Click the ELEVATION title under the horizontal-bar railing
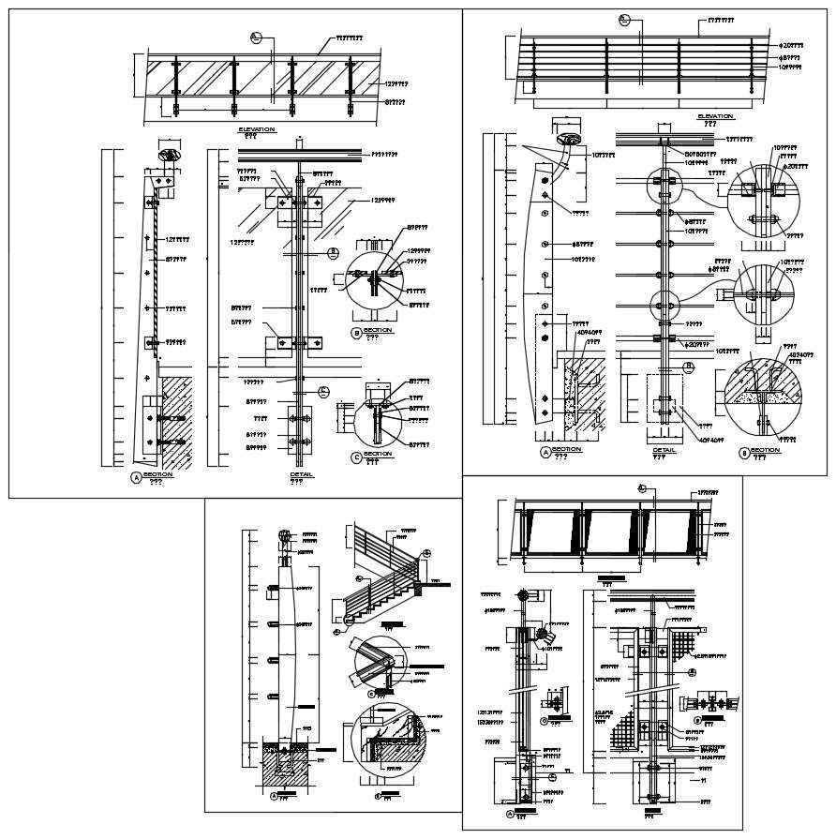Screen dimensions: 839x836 [x=715, y=116]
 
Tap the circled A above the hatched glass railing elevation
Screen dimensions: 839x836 [x=256, y=37]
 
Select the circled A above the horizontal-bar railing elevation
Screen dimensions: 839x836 [x=625, y=19]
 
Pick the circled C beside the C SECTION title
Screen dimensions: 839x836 [x=356, y=457]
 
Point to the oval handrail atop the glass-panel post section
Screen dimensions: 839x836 [x=170, y=154]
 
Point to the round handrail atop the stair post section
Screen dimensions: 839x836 [x=284, y=537]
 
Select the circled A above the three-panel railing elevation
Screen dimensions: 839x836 [x=642, y=487]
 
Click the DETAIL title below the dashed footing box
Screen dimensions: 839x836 [x=664, y=450]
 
